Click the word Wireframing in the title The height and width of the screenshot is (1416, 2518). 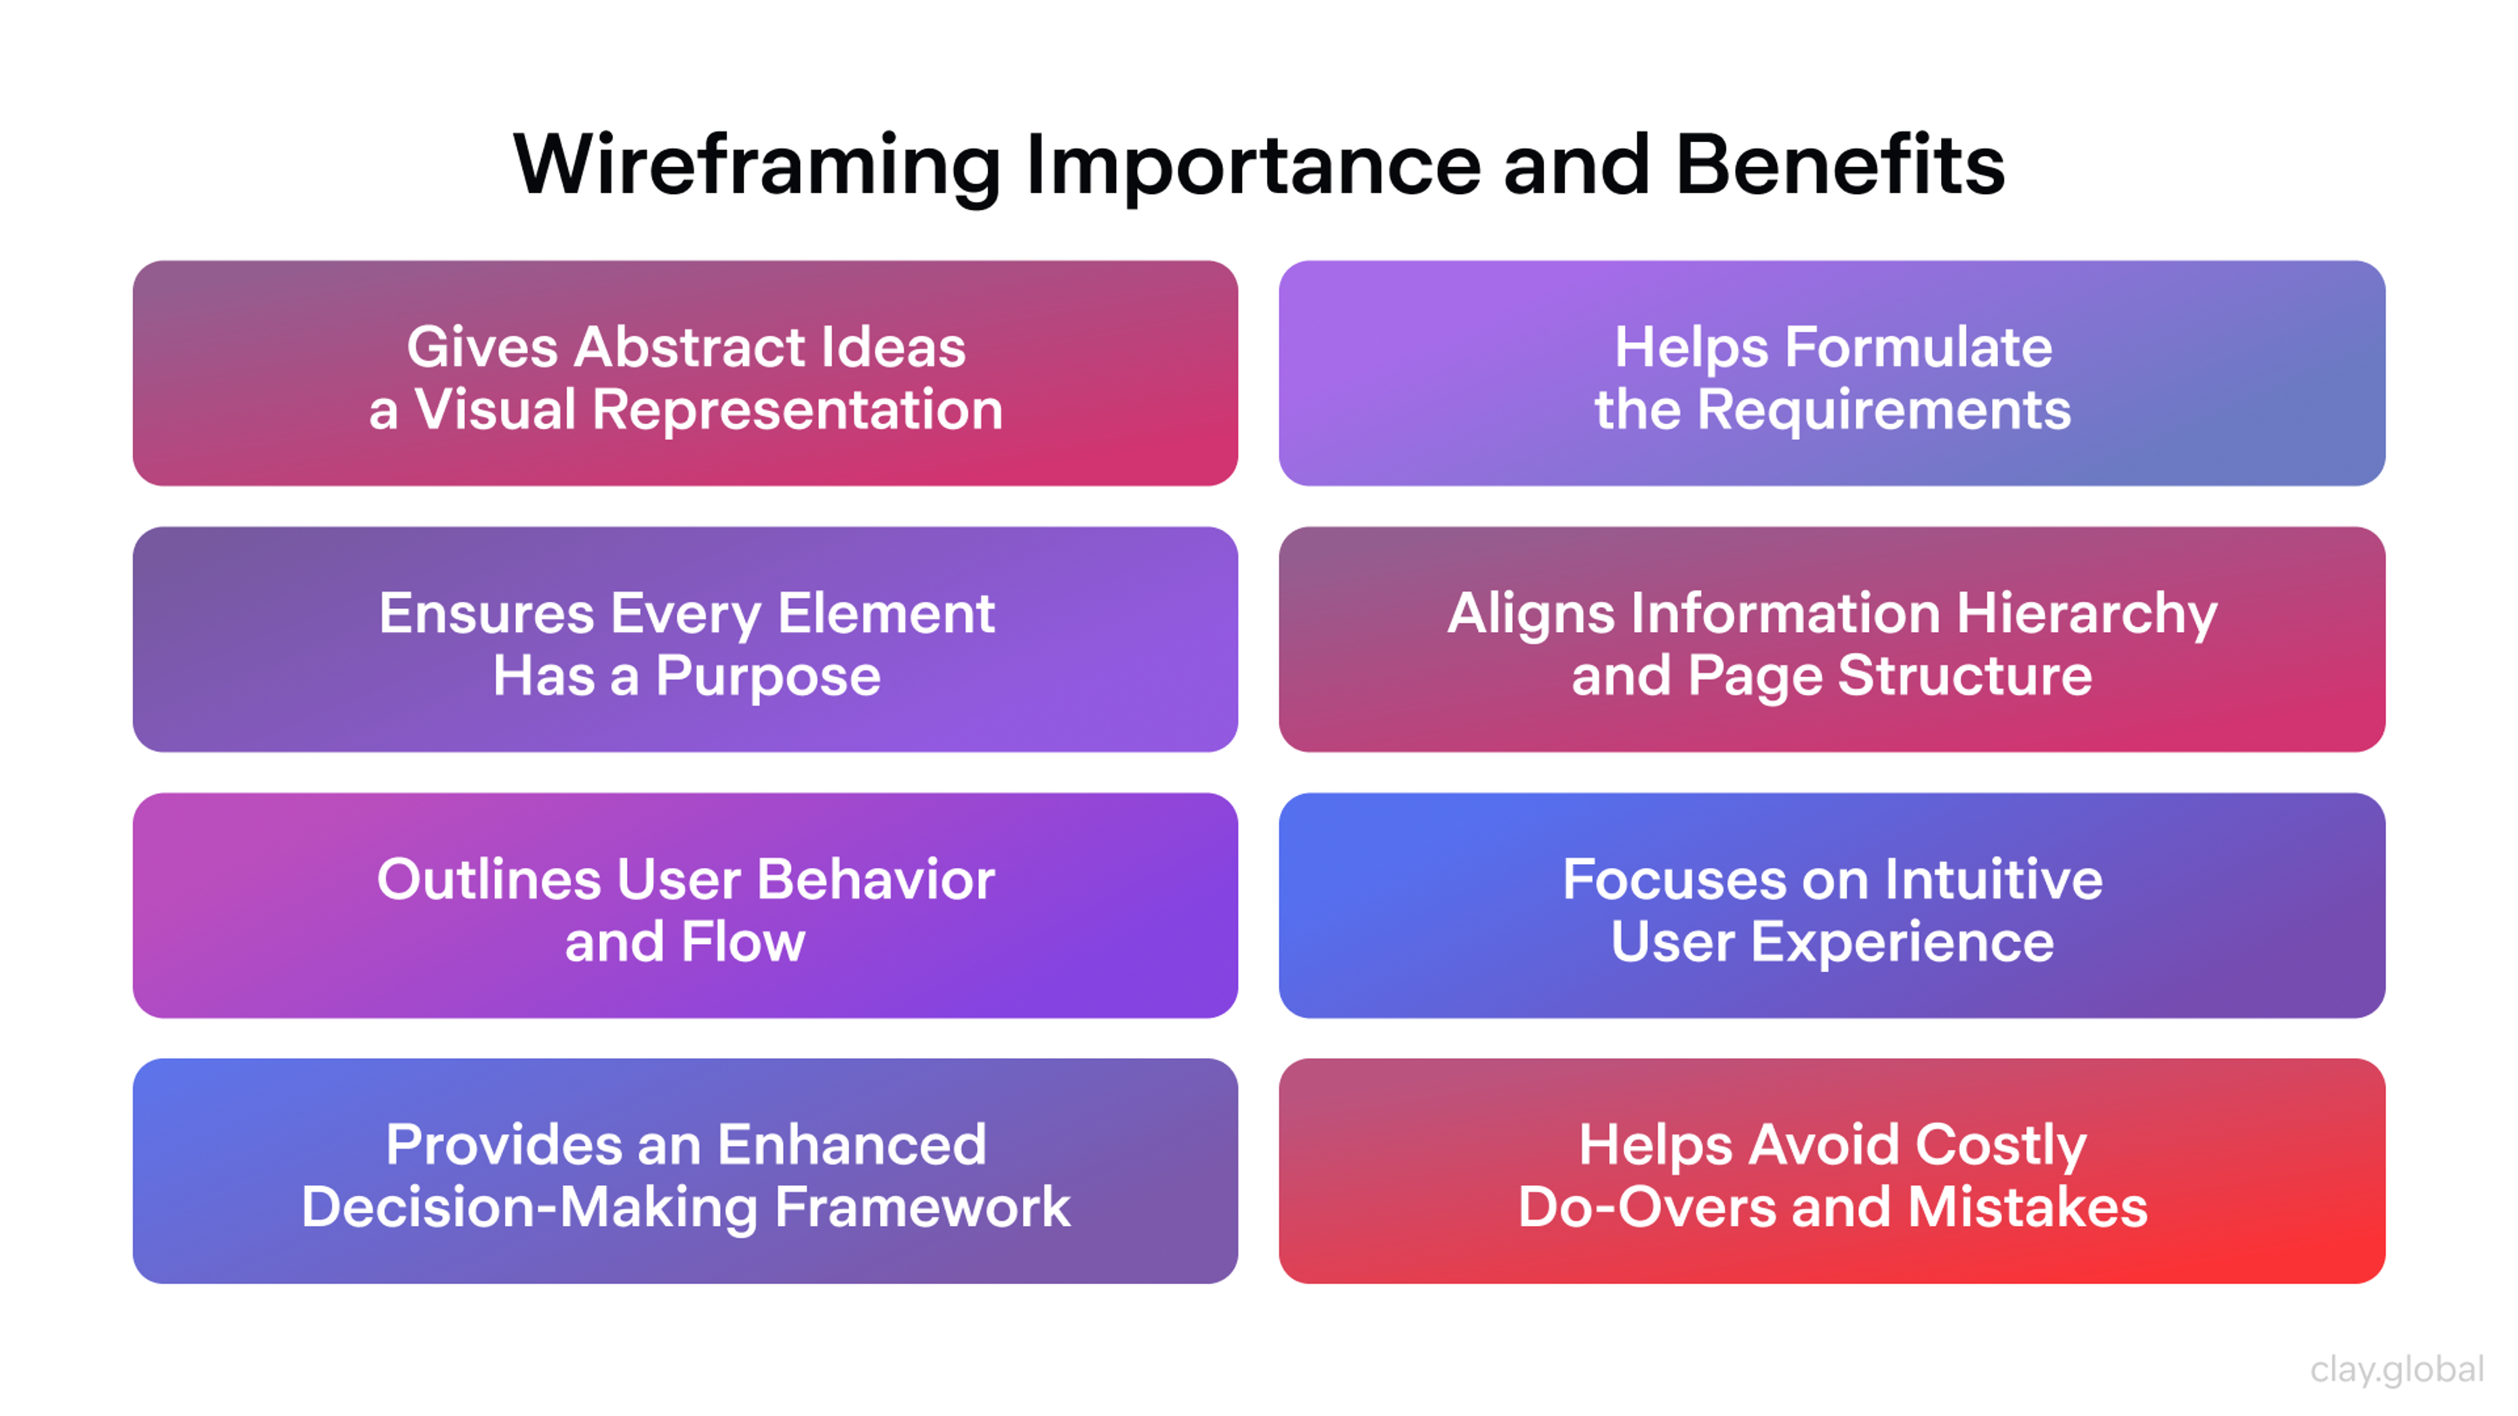coord(757,166)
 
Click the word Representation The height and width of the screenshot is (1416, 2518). coord(797,410)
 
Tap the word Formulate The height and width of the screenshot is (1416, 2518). coord(1918,348)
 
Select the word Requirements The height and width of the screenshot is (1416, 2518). coord(1884,410)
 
